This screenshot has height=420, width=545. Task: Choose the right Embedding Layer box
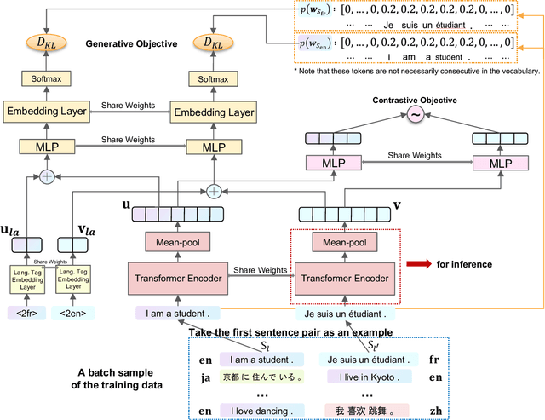pyautogui.click(x=213, y=112)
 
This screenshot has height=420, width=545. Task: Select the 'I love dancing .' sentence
pyautogui.click(x=256, y=410)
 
